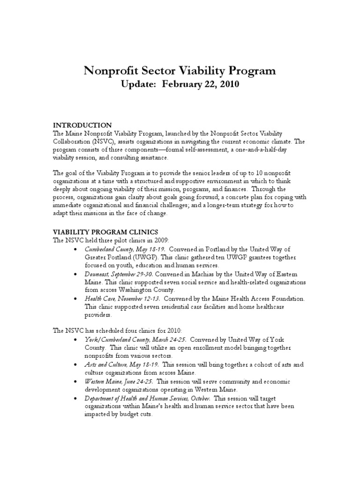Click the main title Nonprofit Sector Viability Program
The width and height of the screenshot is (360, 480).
click(180, 71)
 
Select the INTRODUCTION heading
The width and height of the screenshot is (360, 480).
click(82, 125)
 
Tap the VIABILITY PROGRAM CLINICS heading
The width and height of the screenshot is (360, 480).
click(105, 232)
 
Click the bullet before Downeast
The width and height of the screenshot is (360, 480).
click(76, 274)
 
